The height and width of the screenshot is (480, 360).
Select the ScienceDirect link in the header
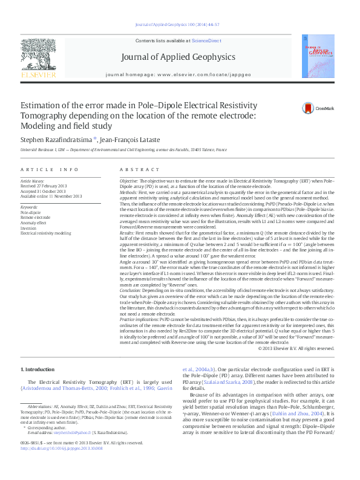pyautogui.click(x=206, y=40)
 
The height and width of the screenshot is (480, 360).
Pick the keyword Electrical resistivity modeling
pyautogui.click(x=46, y=232)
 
